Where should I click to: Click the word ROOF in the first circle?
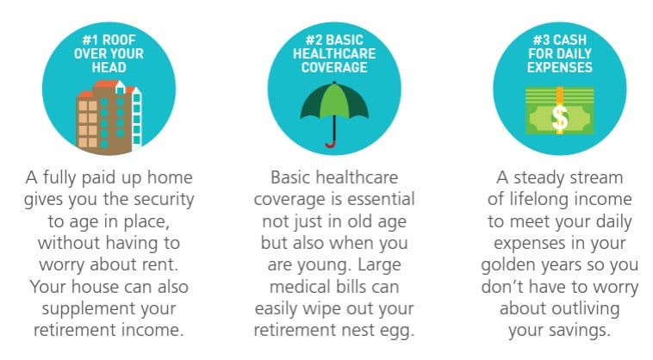119,40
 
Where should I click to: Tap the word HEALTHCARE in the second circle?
334,53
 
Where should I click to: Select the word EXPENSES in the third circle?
560,67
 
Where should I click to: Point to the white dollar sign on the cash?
559,118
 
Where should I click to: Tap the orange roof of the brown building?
106,85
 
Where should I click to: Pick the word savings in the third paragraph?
579,332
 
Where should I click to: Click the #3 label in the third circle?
541,40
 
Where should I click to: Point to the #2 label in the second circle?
314,40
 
